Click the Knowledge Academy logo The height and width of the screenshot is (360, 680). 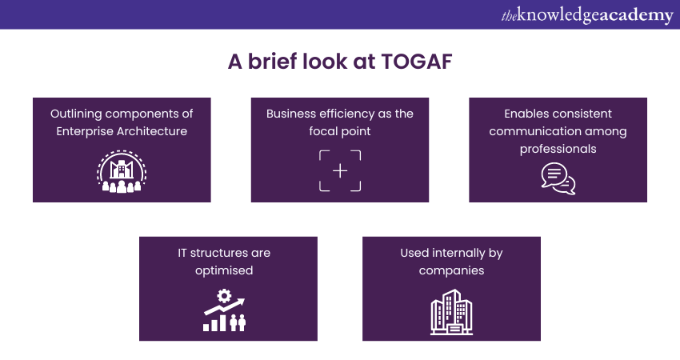coord(587,15)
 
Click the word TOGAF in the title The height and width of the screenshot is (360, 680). coord(417,62)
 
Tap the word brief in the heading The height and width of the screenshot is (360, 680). coord(272,61)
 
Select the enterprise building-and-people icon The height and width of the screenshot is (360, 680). coord(122,172)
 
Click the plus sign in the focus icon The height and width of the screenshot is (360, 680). coord(340,171)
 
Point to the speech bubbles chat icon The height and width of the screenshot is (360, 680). coord(558,178)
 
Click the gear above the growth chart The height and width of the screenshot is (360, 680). coord(224,296)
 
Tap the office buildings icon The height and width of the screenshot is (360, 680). coord(451,312)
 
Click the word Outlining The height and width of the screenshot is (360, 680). coord(76,114)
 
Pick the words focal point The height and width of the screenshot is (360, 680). coord(340,131)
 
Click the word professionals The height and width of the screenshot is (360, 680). coord(558,150)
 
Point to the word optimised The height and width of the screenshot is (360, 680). coord(224,270)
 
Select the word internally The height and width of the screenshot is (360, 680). coord(459,253)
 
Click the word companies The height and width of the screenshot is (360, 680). coord(451,271)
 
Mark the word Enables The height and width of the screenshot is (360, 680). coord(522,114)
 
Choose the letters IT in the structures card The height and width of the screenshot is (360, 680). coord(182,253)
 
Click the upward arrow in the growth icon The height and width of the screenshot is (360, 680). coord(224,306)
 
